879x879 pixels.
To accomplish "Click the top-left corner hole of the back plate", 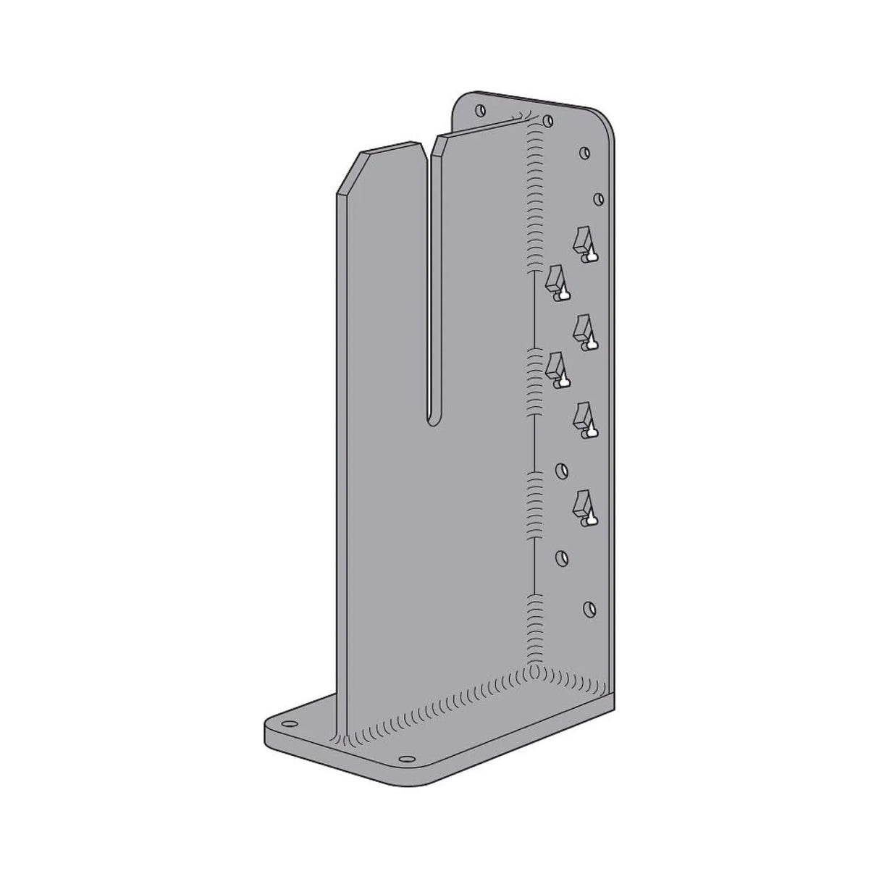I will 479,110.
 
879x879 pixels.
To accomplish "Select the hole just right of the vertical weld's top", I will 548,120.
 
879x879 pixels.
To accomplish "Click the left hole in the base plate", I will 290,724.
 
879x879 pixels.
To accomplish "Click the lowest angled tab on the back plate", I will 584,506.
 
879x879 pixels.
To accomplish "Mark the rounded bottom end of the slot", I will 433,420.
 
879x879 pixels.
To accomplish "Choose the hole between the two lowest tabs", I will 560,471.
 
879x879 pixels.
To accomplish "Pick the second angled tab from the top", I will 556,282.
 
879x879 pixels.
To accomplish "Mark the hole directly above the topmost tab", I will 599,198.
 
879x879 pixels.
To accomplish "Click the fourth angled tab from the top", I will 556,369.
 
